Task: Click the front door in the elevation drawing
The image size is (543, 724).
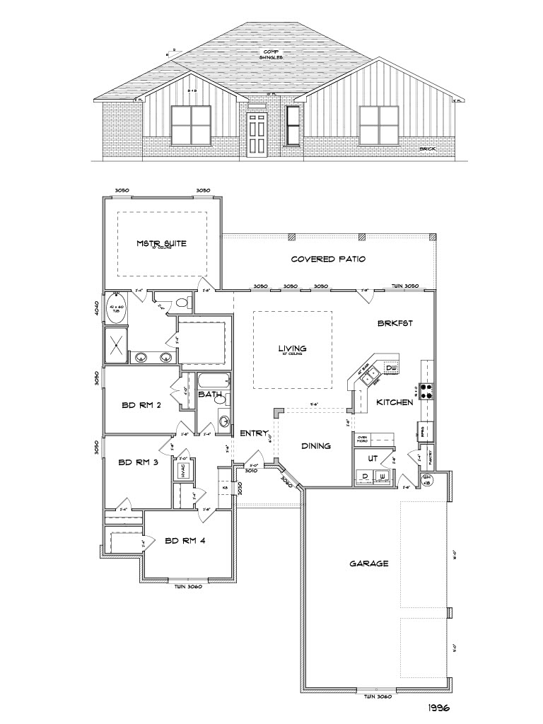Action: coord(257,134)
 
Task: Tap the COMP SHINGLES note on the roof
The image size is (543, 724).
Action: coord(271,54)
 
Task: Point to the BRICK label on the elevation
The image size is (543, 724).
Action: coord(426,149)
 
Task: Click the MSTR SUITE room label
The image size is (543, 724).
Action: coord(161,244)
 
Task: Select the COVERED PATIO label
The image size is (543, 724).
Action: coord(328,259)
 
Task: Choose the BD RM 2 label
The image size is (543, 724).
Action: coord(141,405)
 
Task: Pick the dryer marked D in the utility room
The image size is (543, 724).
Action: coord(365,477)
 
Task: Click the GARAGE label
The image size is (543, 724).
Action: coord(369,564)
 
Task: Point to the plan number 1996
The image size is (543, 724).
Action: coord(439,706)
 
